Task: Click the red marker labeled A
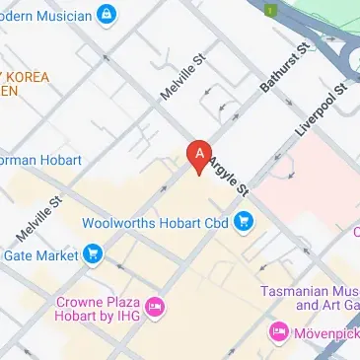[x=199, y=156]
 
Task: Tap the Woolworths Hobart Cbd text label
[x=155, y=222]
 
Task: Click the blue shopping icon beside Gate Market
[x=93, y=255]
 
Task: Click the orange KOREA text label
[x=30, y=76]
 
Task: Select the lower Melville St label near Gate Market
[x=40, y=218]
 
